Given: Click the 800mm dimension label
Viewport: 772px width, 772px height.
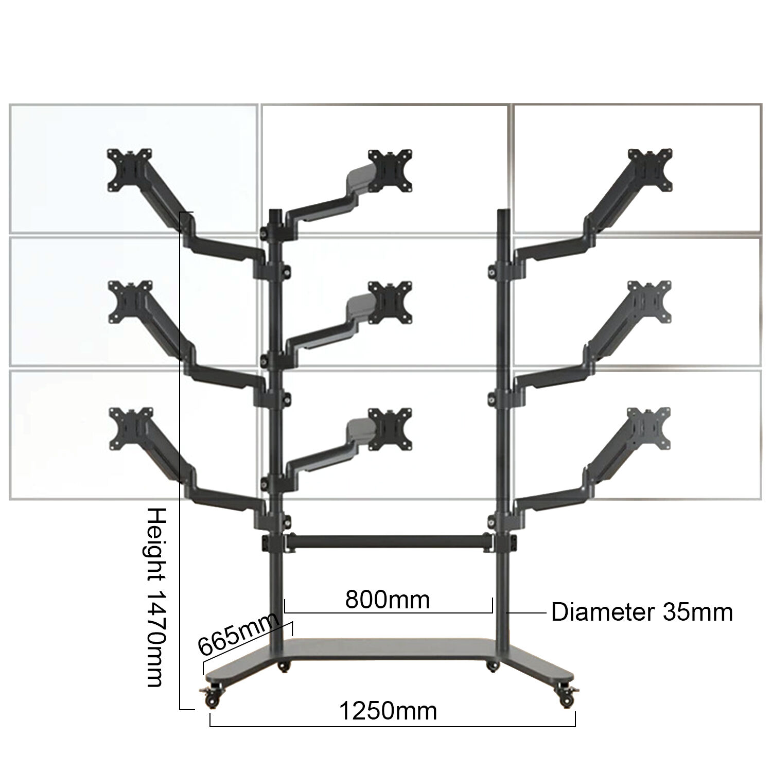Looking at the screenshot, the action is tap(387, 600).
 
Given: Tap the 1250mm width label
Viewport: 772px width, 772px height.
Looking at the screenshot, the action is tap(388, 711).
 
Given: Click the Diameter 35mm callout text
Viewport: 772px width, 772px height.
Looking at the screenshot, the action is tap(642, 612).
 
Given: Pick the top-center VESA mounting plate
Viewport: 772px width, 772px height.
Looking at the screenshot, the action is tap(390, 171).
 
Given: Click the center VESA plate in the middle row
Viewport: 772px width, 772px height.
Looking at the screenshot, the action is tap(391, 303).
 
